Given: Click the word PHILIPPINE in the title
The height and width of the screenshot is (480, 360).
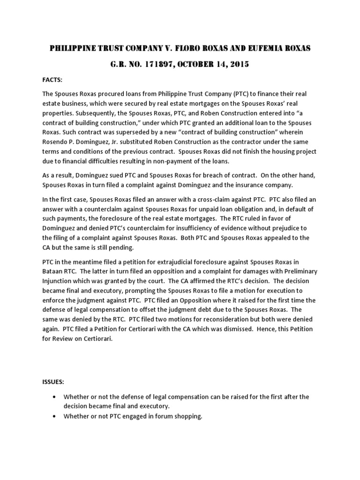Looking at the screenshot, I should point(73,48).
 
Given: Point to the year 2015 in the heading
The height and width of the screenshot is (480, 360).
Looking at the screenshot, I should point(238,65).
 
